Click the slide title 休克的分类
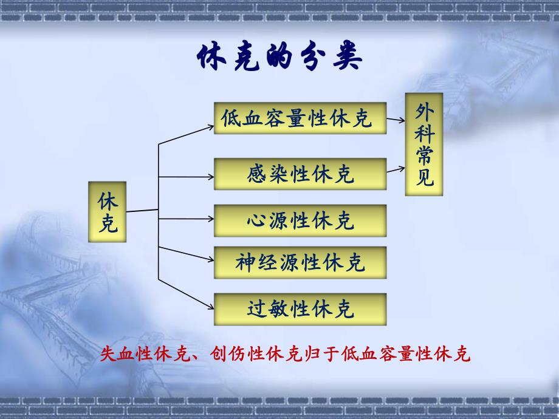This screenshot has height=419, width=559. tap(280, 60)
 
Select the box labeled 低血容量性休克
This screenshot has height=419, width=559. tap(301, 118)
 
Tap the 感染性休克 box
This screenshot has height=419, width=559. tap(301, 174)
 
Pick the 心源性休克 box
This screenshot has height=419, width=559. tap(301, 220)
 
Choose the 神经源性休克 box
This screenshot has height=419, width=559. tap(301, 262)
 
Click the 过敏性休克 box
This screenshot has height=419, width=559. tap(301, 309)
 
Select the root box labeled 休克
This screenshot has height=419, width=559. tap(108, 211)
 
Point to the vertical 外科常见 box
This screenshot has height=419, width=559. tap(424, 144)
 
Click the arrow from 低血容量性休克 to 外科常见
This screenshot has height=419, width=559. tap(396, 120)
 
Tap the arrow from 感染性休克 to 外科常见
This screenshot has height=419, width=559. tap(396, 169)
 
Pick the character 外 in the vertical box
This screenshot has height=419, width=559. tap(424, 111)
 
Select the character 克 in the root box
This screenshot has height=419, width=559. tap(108, 225)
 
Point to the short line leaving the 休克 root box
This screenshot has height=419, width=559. tap(142, 210)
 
